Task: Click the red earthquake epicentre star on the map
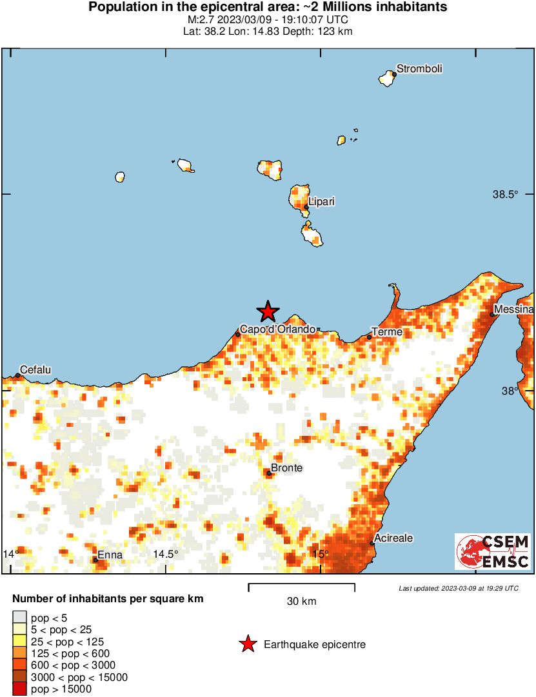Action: (x=268, y=312)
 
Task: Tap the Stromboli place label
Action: (x=419, y=69)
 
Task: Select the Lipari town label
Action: (x=321, y=202)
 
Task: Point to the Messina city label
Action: (x=515, y=311)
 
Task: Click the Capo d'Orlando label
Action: (x=278, y=329)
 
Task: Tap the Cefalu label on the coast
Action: (x=35, y=370)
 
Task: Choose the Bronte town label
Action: (x=286, y=468)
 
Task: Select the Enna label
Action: (x=109, y=555)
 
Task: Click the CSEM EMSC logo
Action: (x=493, y=551)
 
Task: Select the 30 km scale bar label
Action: (x=301, y=602)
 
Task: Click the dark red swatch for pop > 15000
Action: (x=20, y=689)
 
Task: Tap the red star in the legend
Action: (x=247, y=644)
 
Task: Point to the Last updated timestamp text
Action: (x=459, y=588)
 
